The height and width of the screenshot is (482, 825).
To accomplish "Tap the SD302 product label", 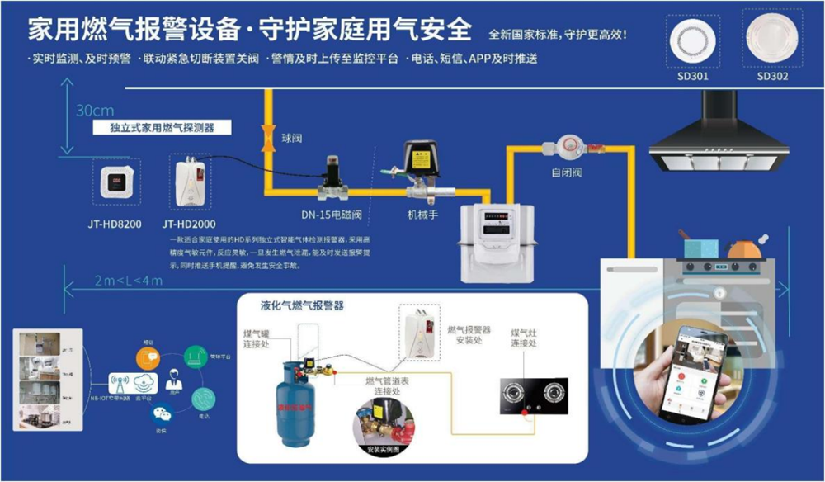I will [772, 76].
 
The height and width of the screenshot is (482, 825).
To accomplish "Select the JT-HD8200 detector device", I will [115, 183].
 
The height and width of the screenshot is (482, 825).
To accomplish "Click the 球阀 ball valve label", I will [292, 138].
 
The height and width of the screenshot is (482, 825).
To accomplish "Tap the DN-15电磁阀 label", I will [331, 215].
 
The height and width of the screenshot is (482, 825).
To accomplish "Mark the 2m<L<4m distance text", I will [129, 281].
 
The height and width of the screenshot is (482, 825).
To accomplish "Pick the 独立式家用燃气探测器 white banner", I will [162, 128].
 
